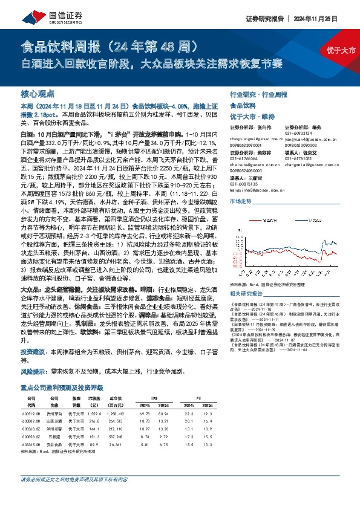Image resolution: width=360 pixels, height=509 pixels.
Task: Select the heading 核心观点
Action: coord(38,94)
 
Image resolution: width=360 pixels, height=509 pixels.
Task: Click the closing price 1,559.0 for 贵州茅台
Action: coord(94,413)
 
